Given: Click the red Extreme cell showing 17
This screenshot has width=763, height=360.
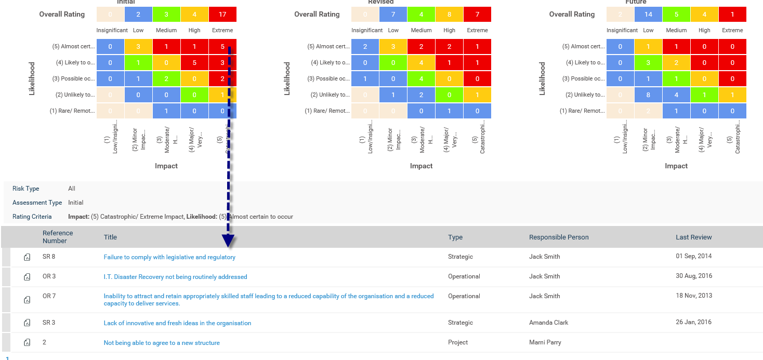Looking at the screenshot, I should [222, 15].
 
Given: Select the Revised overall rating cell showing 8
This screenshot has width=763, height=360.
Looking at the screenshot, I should [450, 15].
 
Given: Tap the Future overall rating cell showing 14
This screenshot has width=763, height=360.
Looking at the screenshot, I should [648, 15].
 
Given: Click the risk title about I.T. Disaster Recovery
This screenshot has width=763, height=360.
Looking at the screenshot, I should [175, 277].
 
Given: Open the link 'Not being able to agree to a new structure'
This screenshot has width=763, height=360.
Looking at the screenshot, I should [162, 343].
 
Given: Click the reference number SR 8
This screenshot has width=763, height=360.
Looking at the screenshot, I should [49, 257].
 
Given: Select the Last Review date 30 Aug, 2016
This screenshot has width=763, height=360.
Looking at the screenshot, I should [694, 276].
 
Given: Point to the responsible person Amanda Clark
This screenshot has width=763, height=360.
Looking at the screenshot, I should [548, 323].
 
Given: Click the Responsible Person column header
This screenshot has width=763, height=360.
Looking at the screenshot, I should [559, 237].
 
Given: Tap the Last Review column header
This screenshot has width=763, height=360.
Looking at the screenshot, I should [693, 237].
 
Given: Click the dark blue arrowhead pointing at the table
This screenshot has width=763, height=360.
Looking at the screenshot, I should [228, 240].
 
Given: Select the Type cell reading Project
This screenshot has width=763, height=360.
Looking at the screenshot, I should [458, 342].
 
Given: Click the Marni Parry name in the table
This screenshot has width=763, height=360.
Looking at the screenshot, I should [545, 342].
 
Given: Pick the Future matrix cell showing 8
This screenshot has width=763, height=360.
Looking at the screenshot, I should [648, 95].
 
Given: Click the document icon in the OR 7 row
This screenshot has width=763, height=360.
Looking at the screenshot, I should [27, 300].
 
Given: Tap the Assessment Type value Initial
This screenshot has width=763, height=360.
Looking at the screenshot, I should [76, 203].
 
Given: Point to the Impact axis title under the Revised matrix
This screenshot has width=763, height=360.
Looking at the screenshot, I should [421, 166].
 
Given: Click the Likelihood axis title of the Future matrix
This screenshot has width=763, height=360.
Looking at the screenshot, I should [542, 78].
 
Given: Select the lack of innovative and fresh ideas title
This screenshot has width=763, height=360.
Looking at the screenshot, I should [177, 323].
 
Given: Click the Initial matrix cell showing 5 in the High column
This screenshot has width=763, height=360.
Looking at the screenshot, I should [194, 63].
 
